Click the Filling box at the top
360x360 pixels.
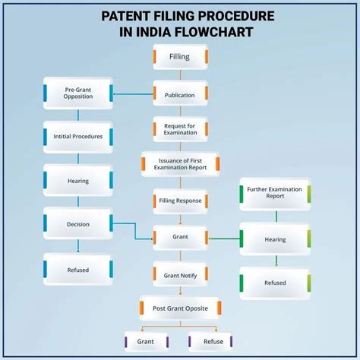180,57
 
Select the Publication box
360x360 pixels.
180,96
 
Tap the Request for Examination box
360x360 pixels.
180,128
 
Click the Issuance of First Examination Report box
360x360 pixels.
180,165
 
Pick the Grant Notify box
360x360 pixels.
180,271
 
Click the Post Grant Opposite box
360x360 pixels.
180,308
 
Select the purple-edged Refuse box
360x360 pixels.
210,342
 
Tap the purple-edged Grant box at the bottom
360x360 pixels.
146,342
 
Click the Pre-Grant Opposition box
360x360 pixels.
78,93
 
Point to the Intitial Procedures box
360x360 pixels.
78,137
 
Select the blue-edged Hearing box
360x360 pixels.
78,181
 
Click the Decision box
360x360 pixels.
78,224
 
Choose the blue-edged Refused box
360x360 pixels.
78,268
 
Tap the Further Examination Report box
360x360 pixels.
275,195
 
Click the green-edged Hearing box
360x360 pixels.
275,239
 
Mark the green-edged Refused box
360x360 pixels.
275,283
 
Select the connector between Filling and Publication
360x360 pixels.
180,75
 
